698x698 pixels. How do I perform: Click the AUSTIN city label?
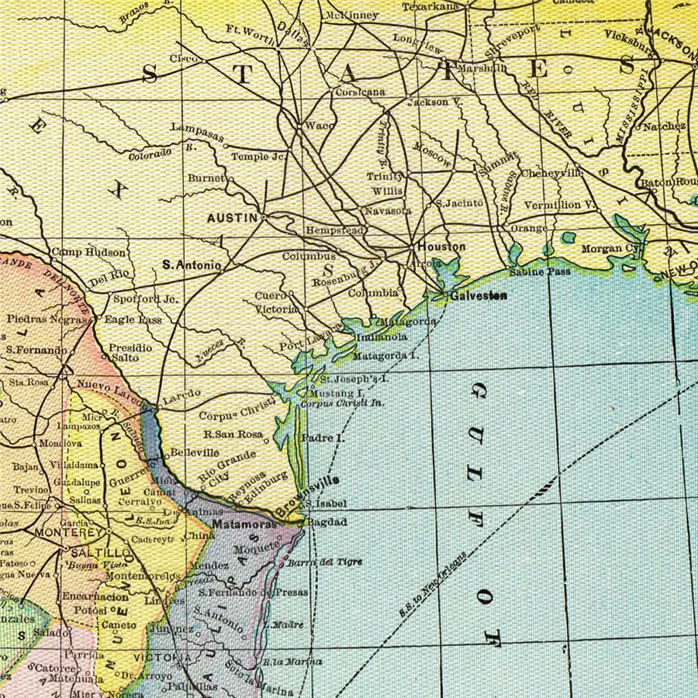231,219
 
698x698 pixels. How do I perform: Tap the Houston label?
441,247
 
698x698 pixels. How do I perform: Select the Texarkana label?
430,7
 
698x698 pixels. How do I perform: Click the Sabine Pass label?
540,272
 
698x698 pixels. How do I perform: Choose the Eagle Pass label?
133,320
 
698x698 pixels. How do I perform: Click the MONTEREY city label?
68,534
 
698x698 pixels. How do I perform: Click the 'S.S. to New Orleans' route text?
434,585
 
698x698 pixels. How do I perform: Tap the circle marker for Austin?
264,217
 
